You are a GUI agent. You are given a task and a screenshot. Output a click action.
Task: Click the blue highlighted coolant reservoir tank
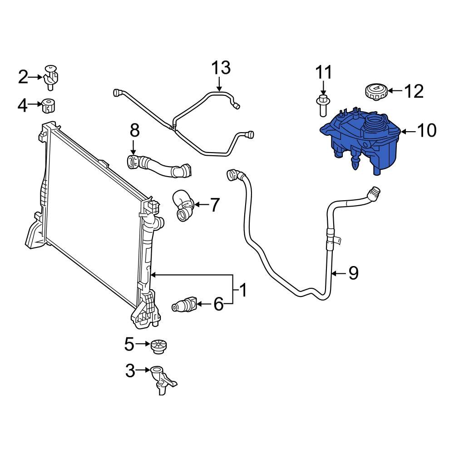(359, 143)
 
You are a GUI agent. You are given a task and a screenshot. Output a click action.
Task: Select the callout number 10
(425, 131)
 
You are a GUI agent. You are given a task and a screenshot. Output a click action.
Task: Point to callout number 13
(221, 68)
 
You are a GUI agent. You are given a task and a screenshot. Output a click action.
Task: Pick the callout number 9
(353, 273)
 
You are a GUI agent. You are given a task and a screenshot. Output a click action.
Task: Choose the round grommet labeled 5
(158, 346)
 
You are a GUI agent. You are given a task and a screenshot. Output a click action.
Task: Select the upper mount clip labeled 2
(53, 75)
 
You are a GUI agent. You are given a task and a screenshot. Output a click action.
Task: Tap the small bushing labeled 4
(48, 105)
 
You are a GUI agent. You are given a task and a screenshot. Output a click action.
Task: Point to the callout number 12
(413, 91)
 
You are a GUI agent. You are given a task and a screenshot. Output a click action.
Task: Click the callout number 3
(130, 371)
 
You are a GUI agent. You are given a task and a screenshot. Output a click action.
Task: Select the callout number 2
(23, 77)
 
